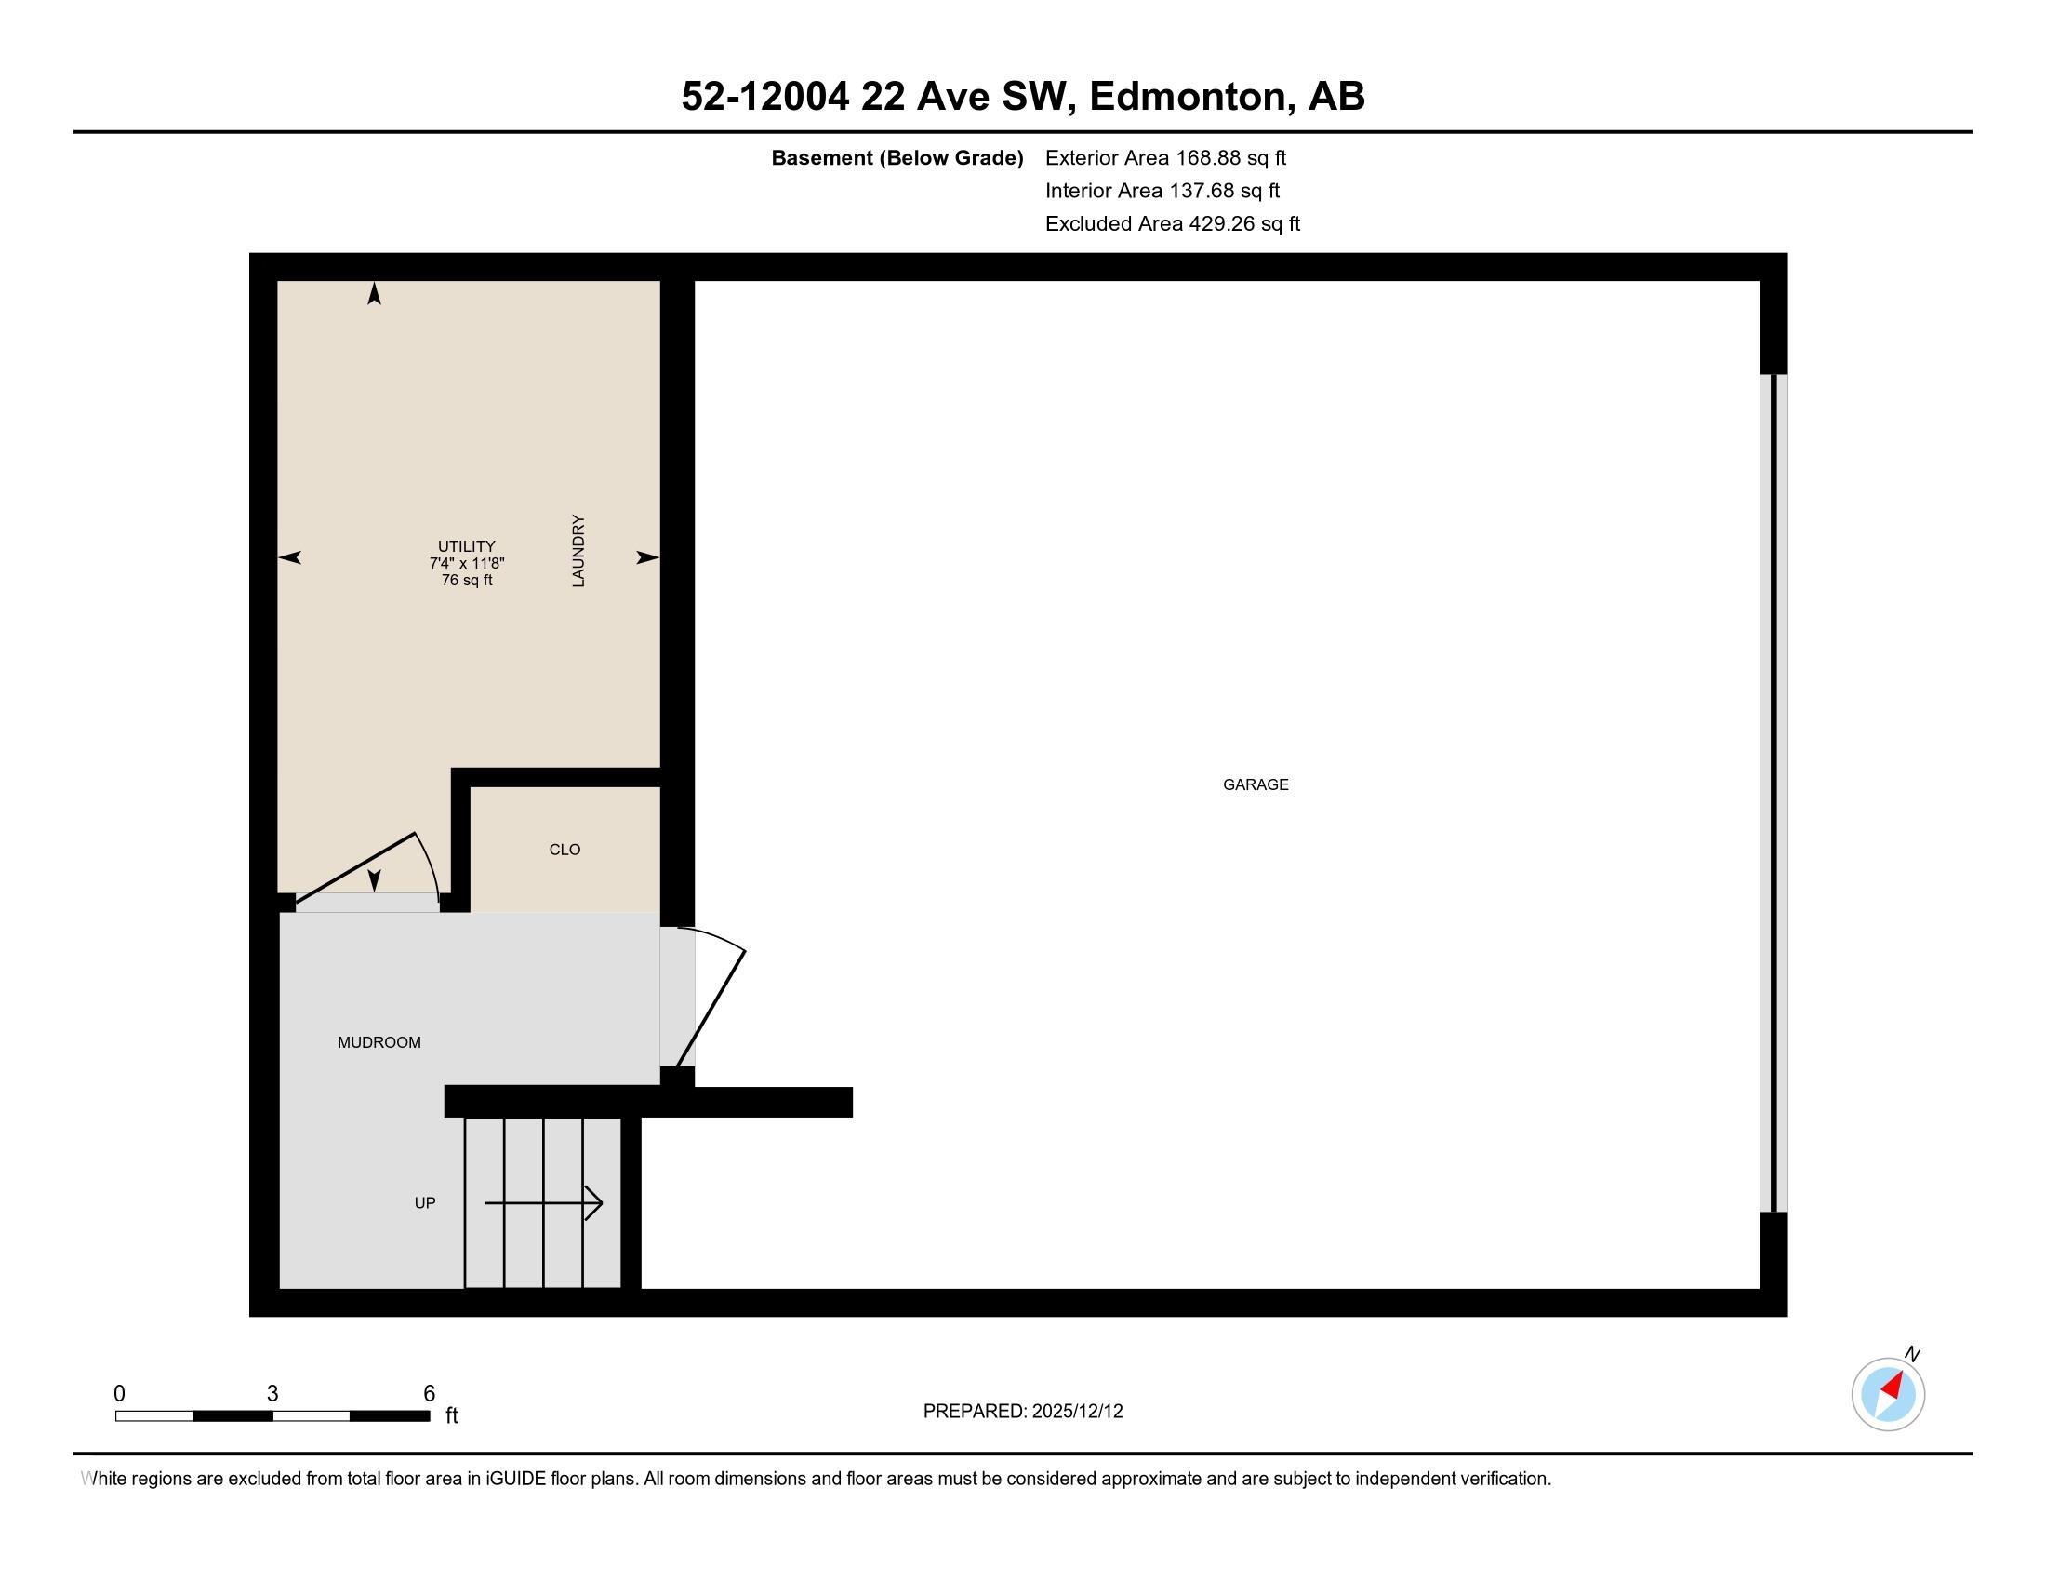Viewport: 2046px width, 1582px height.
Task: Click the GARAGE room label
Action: pos(1255,784)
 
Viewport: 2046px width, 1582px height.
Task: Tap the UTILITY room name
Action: pos(467,546)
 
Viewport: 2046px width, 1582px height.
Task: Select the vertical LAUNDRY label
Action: pos(578,551)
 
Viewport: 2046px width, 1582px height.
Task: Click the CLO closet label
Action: pos(564,849)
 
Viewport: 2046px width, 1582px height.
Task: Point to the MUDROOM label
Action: pos(379,1042)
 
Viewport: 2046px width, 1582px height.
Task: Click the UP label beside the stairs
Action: pos(424,1202)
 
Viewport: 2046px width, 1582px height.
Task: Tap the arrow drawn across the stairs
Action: pos(543,1202)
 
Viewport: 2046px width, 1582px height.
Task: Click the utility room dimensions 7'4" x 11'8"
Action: pos(467,563)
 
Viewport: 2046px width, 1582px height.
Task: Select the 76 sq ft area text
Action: pos(467,580)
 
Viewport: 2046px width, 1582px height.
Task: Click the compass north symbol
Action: pos(1888,1394)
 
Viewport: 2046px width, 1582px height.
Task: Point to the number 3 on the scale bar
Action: pos(272,1394)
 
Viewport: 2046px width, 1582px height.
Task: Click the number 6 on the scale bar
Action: pos(429,1394)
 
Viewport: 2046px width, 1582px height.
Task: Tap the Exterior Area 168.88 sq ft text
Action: pos(1165,157)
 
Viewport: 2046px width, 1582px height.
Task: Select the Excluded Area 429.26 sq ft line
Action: pos(1172,223)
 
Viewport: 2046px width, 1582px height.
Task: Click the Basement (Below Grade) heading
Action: pos(897,157)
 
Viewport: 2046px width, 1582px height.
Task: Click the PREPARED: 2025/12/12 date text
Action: pos(1022,1411)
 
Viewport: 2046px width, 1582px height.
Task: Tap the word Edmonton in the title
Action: pos(1188,96)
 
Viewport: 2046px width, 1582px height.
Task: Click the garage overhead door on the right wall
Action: pos(1774,793)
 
